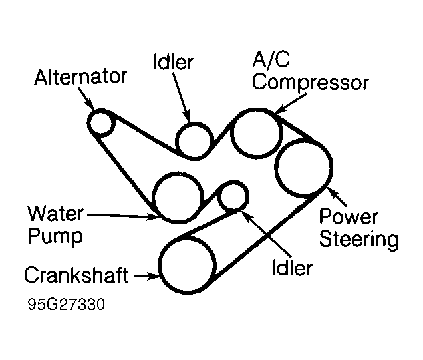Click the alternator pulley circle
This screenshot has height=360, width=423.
(102, 123)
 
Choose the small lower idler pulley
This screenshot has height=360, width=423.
(233, 196)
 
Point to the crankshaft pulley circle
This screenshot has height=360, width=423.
(186, 266)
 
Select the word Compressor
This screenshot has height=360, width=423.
(310, 83)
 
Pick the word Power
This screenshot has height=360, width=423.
(349, 218)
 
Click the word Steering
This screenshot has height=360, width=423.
(358, 240)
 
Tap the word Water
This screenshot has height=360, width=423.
(56, 214)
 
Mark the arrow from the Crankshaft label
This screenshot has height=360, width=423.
(145, 275)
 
